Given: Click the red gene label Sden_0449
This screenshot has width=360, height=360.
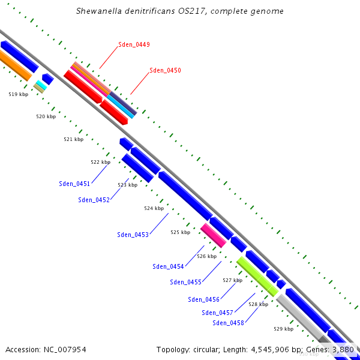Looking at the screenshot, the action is (134, 45).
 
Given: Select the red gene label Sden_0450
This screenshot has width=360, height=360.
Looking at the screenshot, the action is (165, 71).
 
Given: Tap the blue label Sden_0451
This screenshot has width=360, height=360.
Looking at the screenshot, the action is (74, 184).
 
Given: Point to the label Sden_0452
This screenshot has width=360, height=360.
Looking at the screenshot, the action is (94, 200).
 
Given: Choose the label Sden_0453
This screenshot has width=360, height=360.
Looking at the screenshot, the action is (133, 235).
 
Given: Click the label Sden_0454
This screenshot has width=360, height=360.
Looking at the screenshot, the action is (168, 267).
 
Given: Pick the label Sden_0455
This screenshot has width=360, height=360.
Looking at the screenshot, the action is (185, 283).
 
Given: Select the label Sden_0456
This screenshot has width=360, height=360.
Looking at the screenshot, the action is (203, 300).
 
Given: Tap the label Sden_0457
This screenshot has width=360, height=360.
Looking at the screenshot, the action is (217, 313).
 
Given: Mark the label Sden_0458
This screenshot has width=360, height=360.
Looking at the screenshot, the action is (228, 323).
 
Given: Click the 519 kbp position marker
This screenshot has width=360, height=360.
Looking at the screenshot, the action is (18, 94).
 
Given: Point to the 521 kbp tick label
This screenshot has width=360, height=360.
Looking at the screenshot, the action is (73, 139).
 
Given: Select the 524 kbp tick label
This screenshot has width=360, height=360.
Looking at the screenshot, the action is (154, 209).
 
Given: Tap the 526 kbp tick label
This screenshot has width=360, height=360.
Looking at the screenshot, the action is (206, 256).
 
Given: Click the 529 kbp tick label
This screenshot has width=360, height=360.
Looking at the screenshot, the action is (283, 329).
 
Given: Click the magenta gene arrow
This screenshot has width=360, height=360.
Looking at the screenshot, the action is (214, 235).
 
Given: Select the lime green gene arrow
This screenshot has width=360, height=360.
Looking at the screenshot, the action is (257, 276).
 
